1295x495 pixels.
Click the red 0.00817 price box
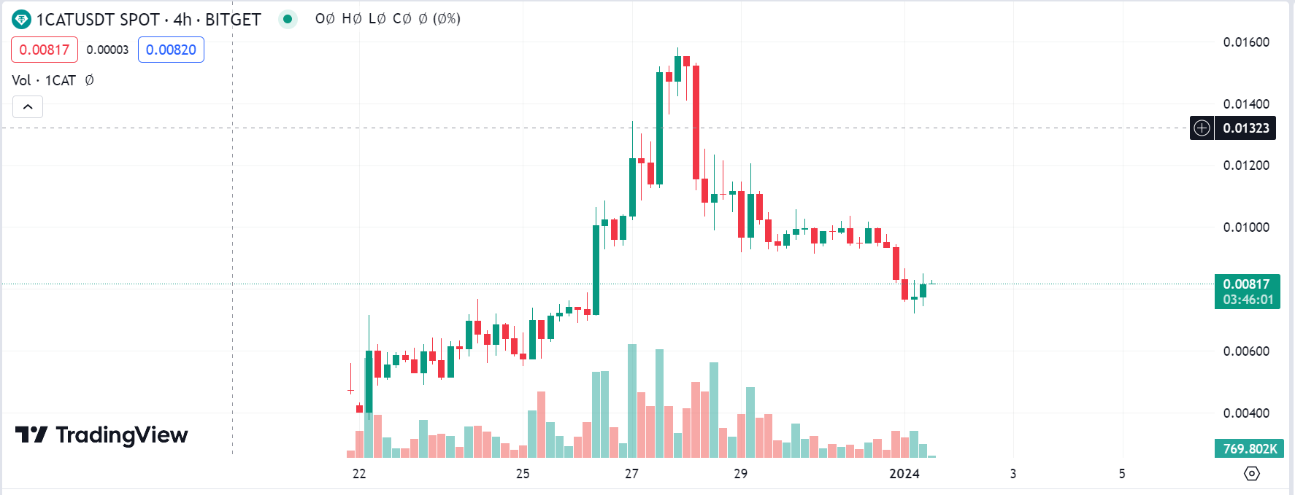coord(45,50)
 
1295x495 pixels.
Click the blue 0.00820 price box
coord(171,50)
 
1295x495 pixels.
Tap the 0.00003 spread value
coord(107,50)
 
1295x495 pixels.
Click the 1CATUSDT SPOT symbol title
coord(97,20)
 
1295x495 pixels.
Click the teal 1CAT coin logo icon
coord(21,20)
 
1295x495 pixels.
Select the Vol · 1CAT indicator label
coord(44,80)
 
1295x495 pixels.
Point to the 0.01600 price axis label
coord(1246,42)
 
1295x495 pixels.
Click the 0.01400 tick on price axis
coord(1246,104)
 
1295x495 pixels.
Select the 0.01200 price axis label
coord(1246,165)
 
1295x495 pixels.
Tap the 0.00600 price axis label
coord(1246,351)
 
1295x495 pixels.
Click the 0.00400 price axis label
coord(1246,413)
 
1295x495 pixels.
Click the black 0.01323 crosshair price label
coord(1245,128)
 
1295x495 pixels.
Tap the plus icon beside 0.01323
coord(1202,128)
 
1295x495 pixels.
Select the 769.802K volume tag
coord(1250,449)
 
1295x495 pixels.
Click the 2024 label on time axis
coord(904,474)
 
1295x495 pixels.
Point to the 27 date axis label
coord(631,474)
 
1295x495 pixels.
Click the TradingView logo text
coord(121,435)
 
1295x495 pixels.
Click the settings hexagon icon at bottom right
coord(1251,474)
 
